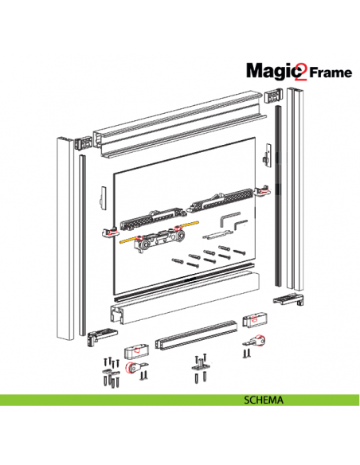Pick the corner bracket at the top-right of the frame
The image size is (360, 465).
[x=273, y=96]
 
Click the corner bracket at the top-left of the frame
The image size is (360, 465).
[x=84, y=147]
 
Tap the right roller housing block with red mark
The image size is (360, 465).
[x=253, y=321]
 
